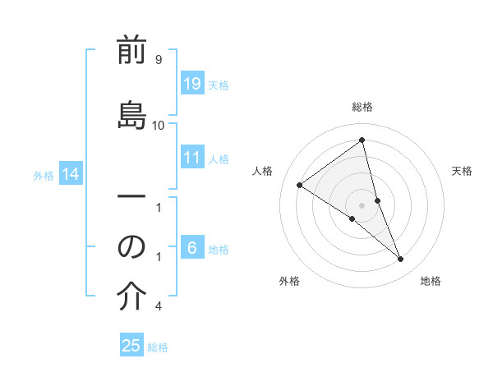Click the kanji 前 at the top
tap(131, 52)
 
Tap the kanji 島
tap(131, 114)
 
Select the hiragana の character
tap(131, 246)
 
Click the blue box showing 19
tap(192, 84)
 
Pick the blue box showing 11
tap(192, 158)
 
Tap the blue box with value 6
tap(192, 248)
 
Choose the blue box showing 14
tap(71, 174)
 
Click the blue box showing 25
tap(131, 346)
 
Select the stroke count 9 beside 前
tap(158, 60)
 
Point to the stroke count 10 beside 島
tap(158, 126)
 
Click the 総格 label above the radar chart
tap(362, 107)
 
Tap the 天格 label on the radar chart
tap(462, 171)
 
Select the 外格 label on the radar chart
tap(289, 281)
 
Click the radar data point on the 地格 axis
tap(401, 259)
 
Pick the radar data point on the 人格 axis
tap(299, 185)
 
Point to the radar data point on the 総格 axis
tap(362, 140)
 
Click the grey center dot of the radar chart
tap(362, 204)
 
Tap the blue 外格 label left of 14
tap(44, 175)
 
